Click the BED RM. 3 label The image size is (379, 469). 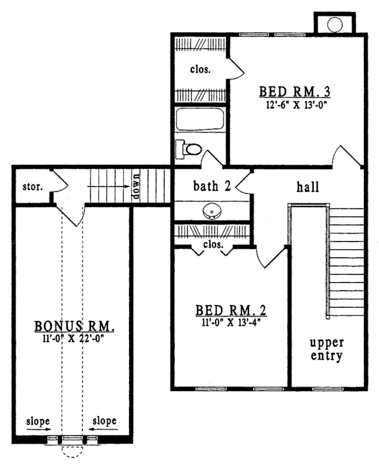tap(295, 92)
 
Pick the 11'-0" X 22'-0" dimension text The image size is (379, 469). tap(73, 339)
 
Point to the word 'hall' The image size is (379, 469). tap(308, 187)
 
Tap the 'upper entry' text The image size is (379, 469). tap(326, 349)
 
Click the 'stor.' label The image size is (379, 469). tap(30, 187)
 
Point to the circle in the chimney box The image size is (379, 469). tap(334, 23)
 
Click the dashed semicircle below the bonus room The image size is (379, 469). tap(70, 451)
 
